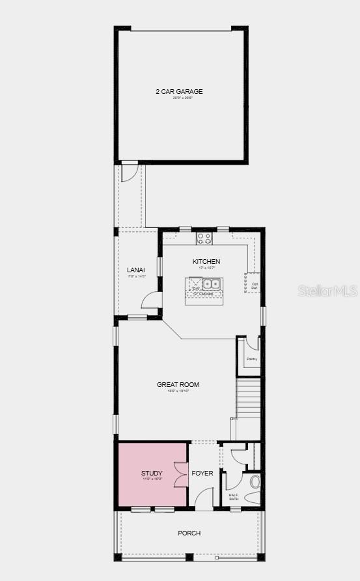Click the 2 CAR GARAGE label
pos(179,92)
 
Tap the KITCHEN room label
pos(206,262)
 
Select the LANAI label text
pos(136,270)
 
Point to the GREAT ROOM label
pos(178,385)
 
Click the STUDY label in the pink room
pos(152,473)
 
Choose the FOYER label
pos(202,473)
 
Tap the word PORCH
pos(189,533)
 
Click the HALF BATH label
pos(234,497)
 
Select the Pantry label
pos(251,359)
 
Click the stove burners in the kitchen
pos(204,238)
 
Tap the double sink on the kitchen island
pos(212,284)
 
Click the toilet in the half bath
pos(255,483)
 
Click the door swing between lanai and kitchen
pos(152,300)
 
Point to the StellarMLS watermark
pos(327,290)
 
